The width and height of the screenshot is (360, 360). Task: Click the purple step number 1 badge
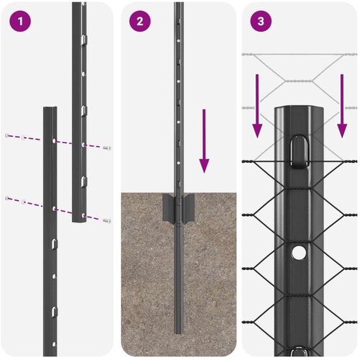[20, 22]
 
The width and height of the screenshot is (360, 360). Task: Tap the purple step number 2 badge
[140, 22]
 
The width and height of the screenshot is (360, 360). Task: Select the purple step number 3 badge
[261, 22]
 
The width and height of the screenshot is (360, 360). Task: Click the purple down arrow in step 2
[204, 141]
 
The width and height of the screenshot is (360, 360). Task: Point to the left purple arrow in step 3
[257, 106]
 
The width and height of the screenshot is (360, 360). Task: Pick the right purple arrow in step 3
[342, 106]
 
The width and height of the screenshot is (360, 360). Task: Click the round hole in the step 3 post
[299, 253]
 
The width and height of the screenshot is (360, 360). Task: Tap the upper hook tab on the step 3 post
[300, 151]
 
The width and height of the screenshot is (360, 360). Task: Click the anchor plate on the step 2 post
[179, 207]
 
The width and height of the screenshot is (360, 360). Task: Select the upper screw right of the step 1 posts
[107, 148]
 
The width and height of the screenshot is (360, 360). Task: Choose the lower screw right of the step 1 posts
[107, 220]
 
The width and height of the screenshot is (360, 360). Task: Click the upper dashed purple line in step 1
[58, 142]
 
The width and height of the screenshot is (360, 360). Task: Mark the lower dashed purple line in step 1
[58, 209]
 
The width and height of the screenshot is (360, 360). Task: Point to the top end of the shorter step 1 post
[50, 109]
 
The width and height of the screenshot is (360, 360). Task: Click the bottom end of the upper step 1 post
[79, 220]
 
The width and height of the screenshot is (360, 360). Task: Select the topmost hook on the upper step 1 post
[84, 39]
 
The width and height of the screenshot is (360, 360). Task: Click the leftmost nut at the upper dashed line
[7, 135]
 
